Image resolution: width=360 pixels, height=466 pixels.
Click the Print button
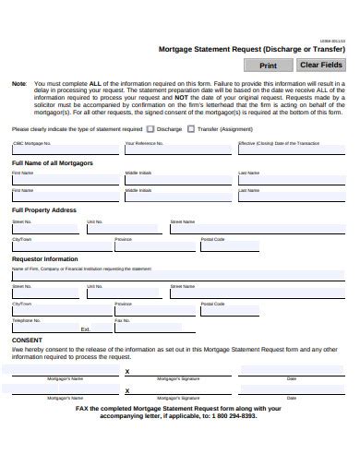(x=268, y=66)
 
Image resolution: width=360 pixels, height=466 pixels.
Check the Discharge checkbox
(x=152, y=129)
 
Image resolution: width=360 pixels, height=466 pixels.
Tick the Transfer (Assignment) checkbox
(x=191, y=129)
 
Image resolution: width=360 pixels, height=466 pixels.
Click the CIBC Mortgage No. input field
(x=64, y=152)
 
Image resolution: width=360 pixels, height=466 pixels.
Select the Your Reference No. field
(x=177, y=152)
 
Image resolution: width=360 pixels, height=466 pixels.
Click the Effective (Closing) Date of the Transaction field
(x=291, y=152)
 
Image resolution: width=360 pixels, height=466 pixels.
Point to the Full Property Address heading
(x=44, y=210)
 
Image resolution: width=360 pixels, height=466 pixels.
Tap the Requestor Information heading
(x=44, y=259)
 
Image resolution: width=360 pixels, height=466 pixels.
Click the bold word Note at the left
(x=19, y=83)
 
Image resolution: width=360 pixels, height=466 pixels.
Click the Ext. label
(x=86, y=329)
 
